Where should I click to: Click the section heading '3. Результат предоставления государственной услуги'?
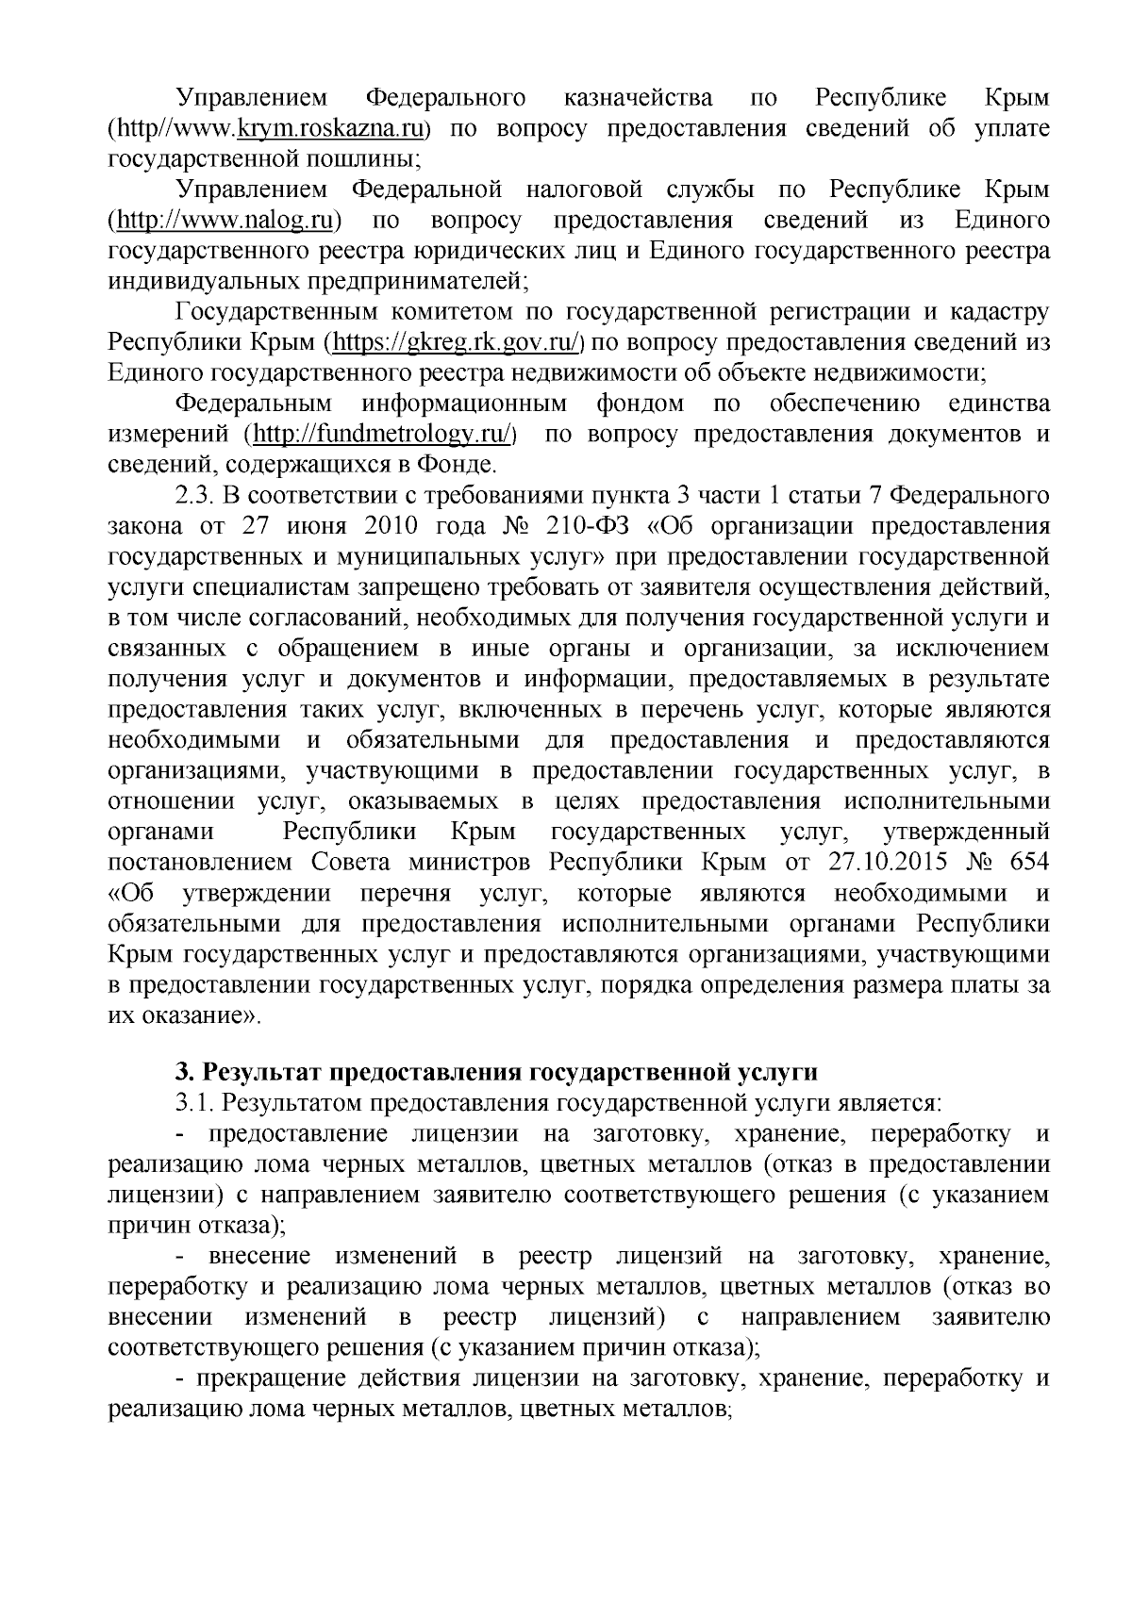pos(495,1073)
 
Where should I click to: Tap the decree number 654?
pos(1029,864)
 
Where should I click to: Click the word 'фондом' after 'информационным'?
pos(640,404)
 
